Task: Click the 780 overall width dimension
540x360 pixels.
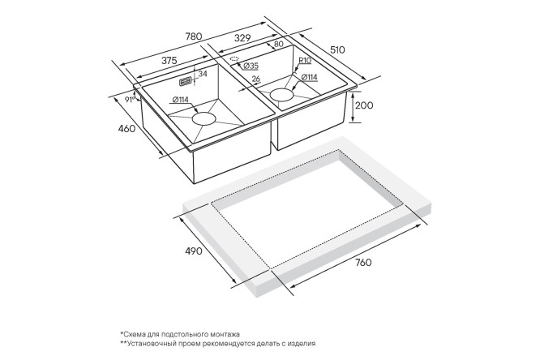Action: (194, 36)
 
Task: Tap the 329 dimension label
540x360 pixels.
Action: (242, 38)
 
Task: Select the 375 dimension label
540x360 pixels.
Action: (169, 61)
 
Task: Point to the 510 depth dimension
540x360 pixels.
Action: (337, 50)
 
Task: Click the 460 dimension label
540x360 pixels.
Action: (126, 129)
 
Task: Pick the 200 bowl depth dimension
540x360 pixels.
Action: (364, 105)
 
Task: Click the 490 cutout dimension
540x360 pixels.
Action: (194, 251)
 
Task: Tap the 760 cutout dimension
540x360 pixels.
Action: (363, 263)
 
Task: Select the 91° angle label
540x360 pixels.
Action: (130, 100)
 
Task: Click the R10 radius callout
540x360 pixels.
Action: (305, 61)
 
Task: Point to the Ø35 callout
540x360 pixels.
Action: (251, 66)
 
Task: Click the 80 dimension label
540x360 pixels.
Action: (279, 44)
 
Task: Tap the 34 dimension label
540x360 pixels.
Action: (203, 73)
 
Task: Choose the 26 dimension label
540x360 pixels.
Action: (256, 79)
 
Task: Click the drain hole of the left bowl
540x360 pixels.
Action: (204, 119)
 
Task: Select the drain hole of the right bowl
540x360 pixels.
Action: (281, 95)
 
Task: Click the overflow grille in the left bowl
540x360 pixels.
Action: (186, 82)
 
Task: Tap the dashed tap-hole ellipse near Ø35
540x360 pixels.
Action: (234, 58)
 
